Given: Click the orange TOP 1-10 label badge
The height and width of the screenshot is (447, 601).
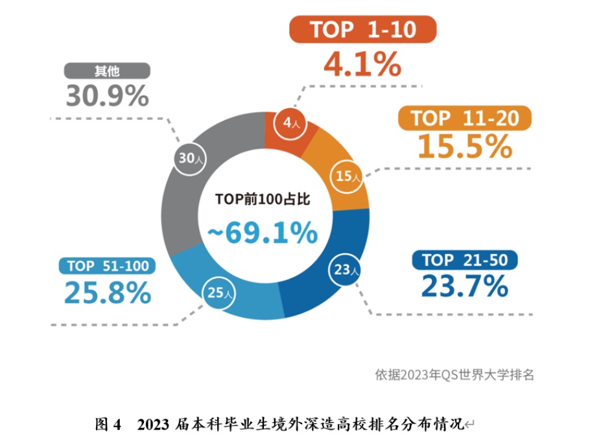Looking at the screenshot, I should point(362,30).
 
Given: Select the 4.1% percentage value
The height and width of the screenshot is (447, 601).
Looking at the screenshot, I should point(362,63).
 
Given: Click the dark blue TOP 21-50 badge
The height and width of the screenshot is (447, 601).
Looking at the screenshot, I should point(465,260).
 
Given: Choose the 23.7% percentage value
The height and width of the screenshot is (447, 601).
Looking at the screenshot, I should point(464,286).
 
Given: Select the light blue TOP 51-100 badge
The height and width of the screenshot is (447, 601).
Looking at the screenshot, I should point(108,266).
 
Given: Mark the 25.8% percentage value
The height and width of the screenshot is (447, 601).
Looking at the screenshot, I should point(108,293).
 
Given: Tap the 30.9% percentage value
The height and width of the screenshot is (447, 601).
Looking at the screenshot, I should point(107,97).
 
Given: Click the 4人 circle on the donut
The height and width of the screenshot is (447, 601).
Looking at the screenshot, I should point(290,122).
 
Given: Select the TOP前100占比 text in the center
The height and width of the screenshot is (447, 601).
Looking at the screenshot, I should point(263,200).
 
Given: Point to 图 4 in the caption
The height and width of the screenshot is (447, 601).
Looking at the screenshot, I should point(108,425).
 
